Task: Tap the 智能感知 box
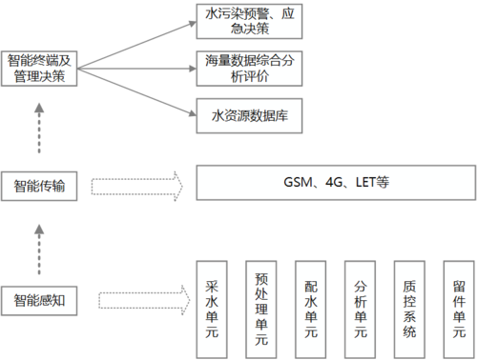(38, 302)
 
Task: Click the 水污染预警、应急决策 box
(249, 22)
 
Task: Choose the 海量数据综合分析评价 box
(249, 70)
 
